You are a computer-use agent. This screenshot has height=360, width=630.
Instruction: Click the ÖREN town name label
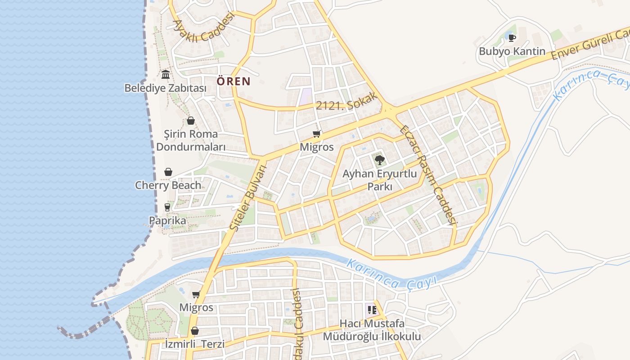click(x=234, y=81)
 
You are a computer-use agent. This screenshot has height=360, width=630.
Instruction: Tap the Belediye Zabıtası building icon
click(x=166, y=74)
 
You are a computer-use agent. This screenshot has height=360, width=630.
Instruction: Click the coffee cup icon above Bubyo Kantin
click(x=512, y=37)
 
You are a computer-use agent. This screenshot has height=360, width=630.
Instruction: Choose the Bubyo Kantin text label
click(x=512, y=51)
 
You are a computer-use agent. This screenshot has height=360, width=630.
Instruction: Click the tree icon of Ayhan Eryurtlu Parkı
click(x=379, y=159)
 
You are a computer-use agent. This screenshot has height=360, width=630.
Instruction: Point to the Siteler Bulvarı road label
click(x=248, y=198)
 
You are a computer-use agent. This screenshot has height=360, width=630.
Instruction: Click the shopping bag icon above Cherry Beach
click(x=168, y=172)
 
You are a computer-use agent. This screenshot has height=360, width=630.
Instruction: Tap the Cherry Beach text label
click(x=168, y=185)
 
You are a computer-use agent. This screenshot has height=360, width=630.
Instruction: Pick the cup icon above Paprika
click(x=167, y=207)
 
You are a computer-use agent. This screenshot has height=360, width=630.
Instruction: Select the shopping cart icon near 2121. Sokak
click(x=317, y=134)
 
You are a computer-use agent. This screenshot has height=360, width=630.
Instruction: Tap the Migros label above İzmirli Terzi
click(x=196, y=308)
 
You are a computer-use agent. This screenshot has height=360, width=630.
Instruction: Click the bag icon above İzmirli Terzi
click(x=194, y=331)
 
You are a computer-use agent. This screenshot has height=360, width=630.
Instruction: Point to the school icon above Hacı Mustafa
click(x=372, y=310)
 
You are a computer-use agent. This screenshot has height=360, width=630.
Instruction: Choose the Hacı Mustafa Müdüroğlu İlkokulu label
click(x=372, y=330)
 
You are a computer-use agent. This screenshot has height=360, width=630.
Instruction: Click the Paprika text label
click(x=167, y=221)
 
